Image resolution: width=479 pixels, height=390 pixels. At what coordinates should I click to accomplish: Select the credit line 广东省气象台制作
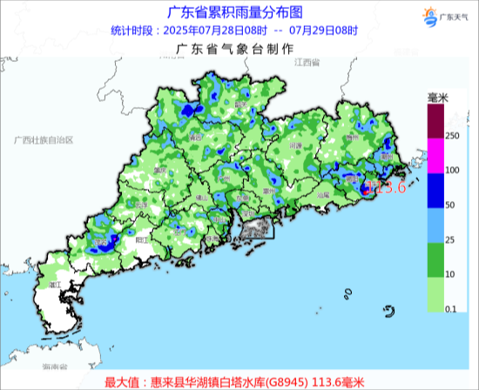tap(235, 50)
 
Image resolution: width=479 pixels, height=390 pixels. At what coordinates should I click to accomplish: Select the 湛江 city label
tap(59, 285)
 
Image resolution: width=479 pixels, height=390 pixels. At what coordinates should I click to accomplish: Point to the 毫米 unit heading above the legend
tap(436, 97)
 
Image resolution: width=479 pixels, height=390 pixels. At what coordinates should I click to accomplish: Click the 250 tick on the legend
tap(452, 137)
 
